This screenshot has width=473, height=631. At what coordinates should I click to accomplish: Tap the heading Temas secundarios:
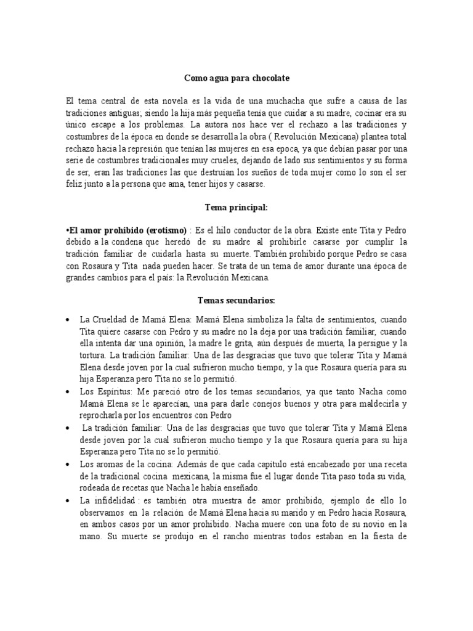point(236,300)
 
